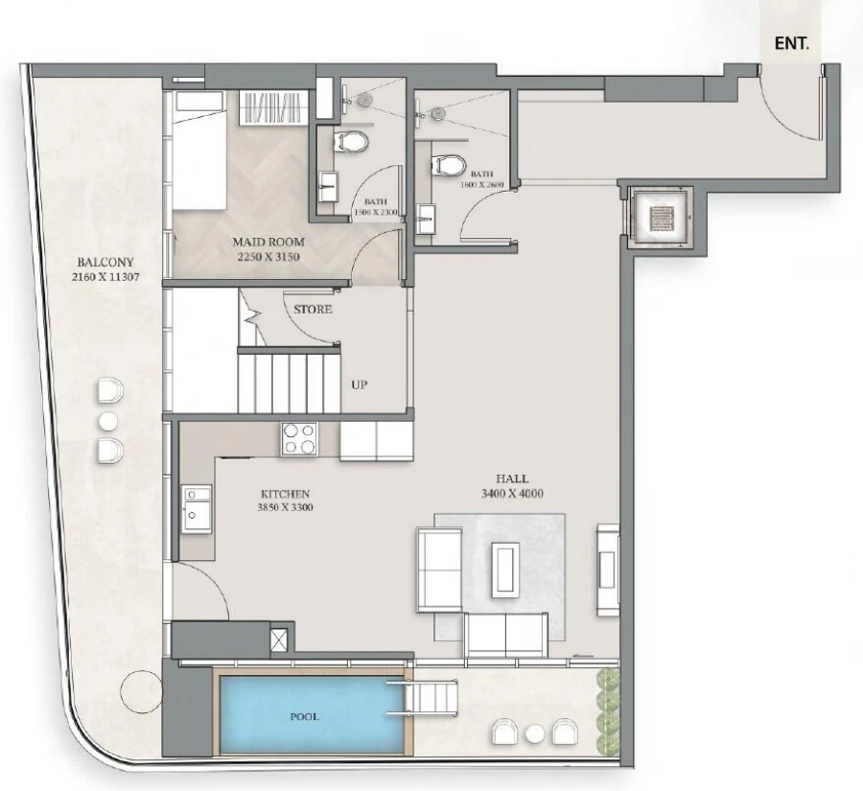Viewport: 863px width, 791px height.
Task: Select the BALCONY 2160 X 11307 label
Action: pyautogui.click(x=107, y=269)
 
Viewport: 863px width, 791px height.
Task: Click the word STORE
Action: pyautogui.click(x=313, y=310)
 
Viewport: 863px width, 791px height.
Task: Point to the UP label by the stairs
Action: pyautogui.click(x=360, y=384)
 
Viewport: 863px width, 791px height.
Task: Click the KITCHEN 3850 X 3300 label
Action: pyautogui.click(x=286, y=500)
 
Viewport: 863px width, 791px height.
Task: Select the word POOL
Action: pyautogui.click(x=305, y=716)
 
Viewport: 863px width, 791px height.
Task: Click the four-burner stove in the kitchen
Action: pyautogui.click(x=299, y=438)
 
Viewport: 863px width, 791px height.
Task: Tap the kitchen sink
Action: pyautogui.click(x=198, y=506)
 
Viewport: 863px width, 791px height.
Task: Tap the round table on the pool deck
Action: pyautogui.click(x=535, y=733)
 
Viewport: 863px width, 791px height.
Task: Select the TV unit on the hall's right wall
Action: pyautogui.click(x=608, y=569)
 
